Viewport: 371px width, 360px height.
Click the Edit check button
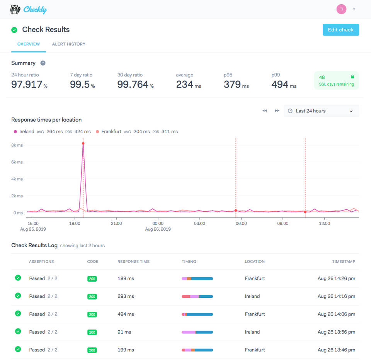click(x=340, y=30)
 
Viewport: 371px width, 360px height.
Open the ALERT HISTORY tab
click(x=68, y=44)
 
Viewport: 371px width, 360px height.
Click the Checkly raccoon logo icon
click(x=15, y=9)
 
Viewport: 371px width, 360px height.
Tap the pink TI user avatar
click(x=341, y=9)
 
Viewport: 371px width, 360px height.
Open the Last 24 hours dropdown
click(x=321, y=111)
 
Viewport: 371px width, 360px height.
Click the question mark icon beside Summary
click(x=43, y=63)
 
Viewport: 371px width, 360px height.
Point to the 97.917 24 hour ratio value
click(x=27, y=85)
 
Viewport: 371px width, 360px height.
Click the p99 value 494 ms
click(x=283, y=85)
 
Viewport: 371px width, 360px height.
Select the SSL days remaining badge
click(x=336, y=80)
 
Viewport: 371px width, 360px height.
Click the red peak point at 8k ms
click(x=83, y=143)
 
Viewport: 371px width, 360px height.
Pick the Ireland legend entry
click(x=24, y=132)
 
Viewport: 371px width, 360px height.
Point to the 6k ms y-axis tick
click(x=17, y=162)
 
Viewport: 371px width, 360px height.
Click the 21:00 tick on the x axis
click(x=116, y=223)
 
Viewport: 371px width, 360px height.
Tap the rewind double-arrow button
click(x=265, y=111)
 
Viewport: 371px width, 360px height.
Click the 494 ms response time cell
click(x=126, y=314)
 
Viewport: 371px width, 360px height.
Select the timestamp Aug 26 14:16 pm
click(x=336, y=296)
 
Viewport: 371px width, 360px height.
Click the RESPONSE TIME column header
click(x=133, y=262)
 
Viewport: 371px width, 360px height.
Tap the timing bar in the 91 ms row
click(x=197, y=332)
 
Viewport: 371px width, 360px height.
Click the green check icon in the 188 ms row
click(x=18, y=278)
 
